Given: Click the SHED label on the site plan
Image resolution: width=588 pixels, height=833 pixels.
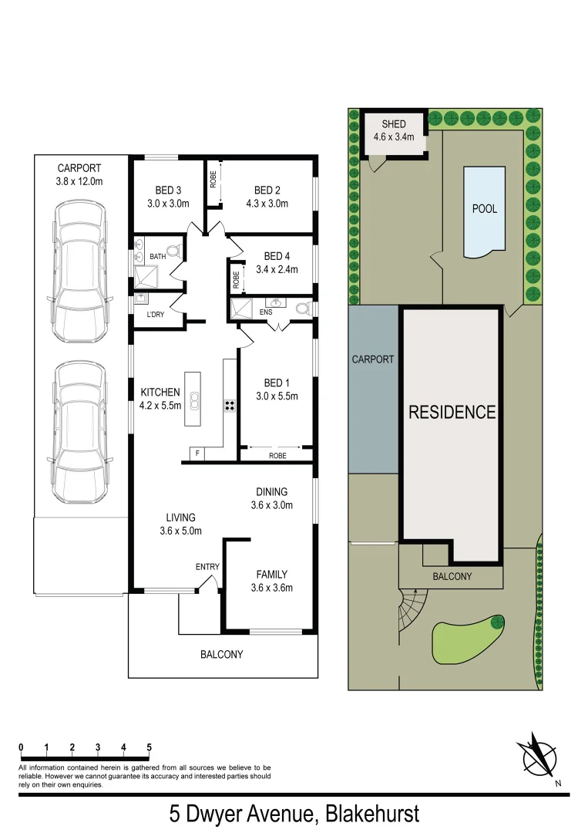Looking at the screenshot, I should point(394,123).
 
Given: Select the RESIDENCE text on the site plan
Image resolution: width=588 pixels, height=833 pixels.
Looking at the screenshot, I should point(452,412).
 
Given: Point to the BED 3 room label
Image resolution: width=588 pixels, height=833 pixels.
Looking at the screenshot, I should point(168,191).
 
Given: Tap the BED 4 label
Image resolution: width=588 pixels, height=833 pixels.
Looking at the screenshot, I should point(277,256).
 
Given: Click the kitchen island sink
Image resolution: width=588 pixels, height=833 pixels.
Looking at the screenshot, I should point(196,400).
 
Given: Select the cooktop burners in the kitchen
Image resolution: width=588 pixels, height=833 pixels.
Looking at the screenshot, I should point(230,405).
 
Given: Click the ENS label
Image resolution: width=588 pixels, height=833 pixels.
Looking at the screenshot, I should point(267,313).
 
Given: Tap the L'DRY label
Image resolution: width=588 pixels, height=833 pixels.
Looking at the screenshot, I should point(156,315).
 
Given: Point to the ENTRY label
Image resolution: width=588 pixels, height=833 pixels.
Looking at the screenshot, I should point(207,567).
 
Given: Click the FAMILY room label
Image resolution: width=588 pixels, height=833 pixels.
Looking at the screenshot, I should point(272,574).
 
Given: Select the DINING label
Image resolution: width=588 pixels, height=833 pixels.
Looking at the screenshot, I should point(272,491).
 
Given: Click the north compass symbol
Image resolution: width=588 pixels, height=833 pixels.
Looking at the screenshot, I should point(539,756).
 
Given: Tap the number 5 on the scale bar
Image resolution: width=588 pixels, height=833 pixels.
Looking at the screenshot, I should point(149,747).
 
